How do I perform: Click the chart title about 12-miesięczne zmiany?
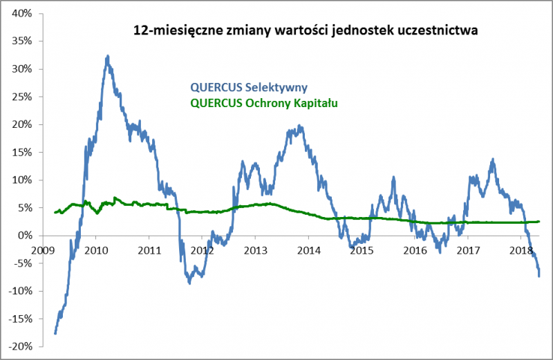[x=306, y=30]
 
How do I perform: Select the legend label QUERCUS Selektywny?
[x=249, y=87]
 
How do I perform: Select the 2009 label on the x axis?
[x=42, y=249]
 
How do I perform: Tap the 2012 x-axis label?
[x=202, y=249]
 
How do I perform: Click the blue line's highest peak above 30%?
[x=108, y=56]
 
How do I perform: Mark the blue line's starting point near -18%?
[x=55, y=334]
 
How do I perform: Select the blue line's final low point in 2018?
[x=539, y=276]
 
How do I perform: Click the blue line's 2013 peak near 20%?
[x=299, y=126]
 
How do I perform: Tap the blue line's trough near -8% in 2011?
[x=189, y=283]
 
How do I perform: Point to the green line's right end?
[x=539, y=222]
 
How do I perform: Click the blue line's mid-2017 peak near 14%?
[x=493, y=160]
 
